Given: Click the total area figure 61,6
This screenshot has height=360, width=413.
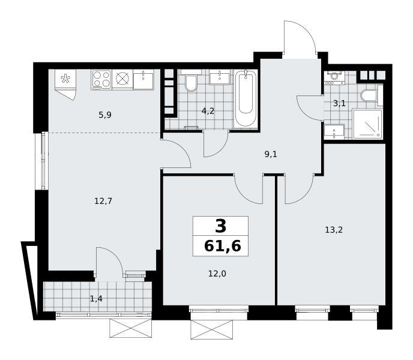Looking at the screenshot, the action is (x=223, y=247).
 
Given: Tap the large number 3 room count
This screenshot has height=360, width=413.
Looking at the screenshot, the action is (x=220, y=226).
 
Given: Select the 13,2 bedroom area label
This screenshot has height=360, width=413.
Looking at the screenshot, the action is (x=334, y=230).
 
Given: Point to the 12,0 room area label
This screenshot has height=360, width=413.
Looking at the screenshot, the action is (x=217, y=274).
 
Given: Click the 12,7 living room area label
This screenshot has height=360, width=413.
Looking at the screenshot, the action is (x=103, y=202).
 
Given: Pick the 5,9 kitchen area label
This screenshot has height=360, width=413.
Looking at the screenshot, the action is (x=105, y=115).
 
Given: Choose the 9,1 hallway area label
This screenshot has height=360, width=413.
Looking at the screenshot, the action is (x=271, y=154).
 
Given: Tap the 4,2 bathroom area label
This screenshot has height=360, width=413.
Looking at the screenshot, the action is (x=208, y=111).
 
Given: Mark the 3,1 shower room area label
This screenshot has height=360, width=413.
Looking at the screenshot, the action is (x=339, y=103).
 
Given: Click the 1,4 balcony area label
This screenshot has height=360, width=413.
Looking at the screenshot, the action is (x=96, y=299).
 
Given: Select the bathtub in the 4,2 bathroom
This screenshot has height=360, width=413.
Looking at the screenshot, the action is (x=246, y=98).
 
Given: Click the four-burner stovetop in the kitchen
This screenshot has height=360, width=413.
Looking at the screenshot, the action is (x=101, y=79).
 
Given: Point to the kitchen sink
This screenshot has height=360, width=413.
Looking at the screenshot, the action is (x=143, y=79).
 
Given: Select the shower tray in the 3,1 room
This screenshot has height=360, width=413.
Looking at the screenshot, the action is (x=367, y=124).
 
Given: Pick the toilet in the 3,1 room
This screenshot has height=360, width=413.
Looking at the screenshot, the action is (x=369, y=96).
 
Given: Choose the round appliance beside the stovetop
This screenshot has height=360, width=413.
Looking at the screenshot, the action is (x=122, y=79).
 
